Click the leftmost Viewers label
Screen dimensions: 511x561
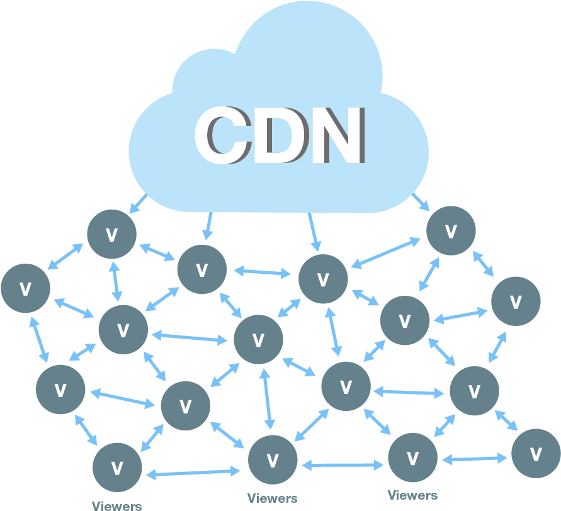click(x=116, y=505)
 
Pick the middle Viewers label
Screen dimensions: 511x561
click(x=272, y=498)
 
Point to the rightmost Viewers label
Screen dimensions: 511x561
click(x=412, y=495)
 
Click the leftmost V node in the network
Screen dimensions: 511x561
click(x=25, y=289)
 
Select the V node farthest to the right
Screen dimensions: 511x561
click(x=535, y=454)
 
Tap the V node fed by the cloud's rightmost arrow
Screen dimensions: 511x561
click(x=451, y=231)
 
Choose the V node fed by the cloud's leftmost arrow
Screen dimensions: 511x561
click(x=111, y=234)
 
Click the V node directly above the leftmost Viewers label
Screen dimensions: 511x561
click(x=117, y=467)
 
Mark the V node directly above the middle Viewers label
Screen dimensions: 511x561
click(x=272, y=460)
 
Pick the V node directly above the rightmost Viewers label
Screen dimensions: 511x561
click(x=412, y=458)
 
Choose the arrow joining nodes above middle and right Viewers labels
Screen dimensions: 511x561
click(x=343, y=465)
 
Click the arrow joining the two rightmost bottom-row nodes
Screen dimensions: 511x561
click(x=475, y=459)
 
